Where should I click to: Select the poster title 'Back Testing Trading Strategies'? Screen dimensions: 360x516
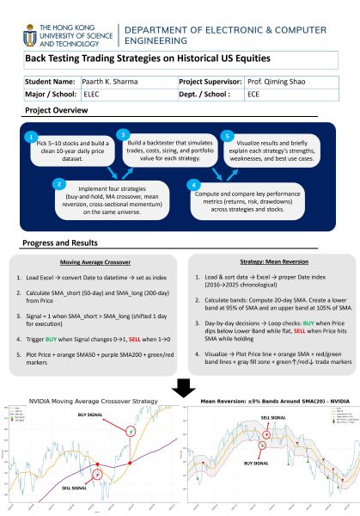click(147, 58)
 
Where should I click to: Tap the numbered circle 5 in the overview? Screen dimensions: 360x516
click(226, 136)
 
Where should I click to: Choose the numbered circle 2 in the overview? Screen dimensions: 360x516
click(58, 184)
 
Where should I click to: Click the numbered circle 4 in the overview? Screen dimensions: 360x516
click(195, 184)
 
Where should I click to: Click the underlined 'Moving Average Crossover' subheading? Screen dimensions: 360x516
click(96, 261)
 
